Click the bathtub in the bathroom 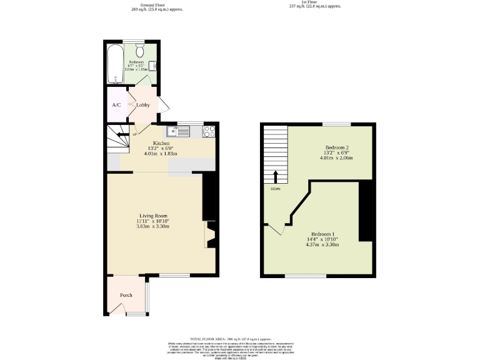(x=114, y=63)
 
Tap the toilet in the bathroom (x=139, y=51)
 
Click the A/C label (x=116, y=104)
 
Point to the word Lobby (x=142, y=104)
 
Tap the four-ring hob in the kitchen (x=209, y=131)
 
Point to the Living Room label (x=153, y=216)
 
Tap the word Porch (x=126, y=296)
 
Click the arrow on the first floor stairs (x=275, y=176)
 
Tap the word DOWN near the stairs (x=275, y=188)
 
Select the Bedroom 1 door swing (x=276, y=230)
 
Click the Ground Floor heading (x=162, y=4)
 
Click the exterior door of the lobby (x=162, y=106)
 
